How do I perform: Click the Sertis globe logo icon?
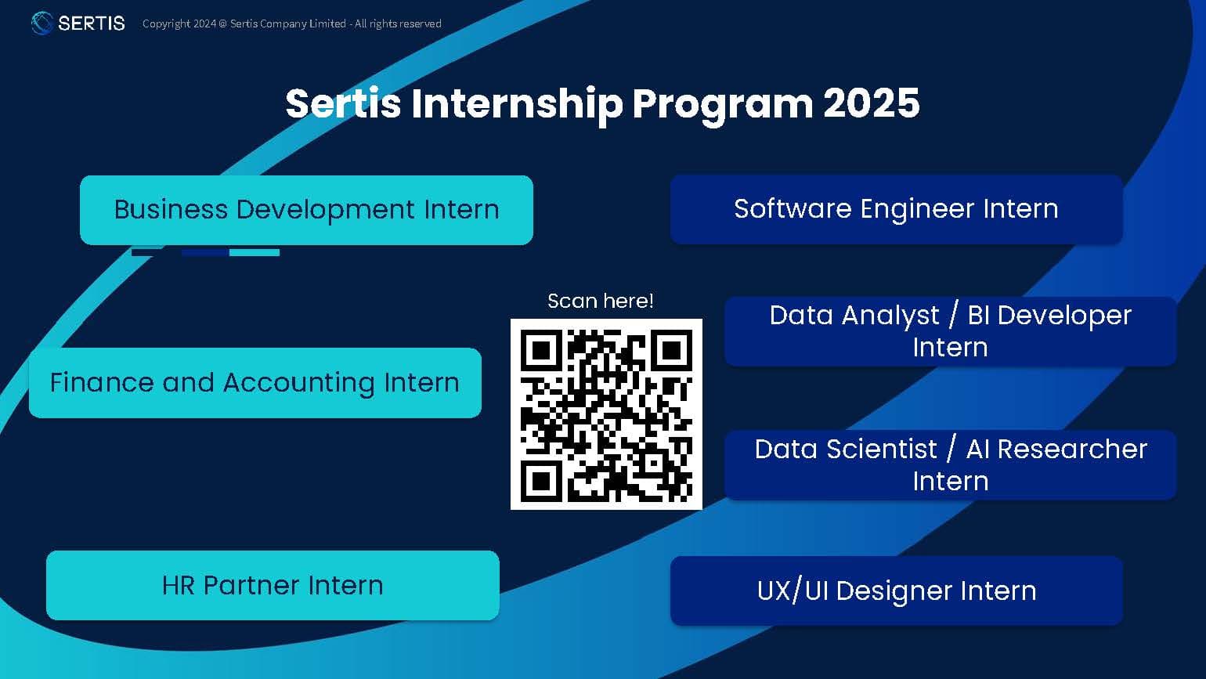click(42, 23)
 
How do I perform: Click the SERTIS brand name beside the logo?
click(92, 23)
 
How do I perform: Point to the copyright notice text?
click(291, 23)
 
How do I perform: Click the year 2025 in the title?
click(871, 103)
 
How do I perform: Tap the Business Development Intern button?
click(306, 210)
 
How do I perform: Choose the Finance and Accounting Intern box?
click(255, 383)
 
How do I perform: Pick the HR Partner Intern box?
click(273, 586)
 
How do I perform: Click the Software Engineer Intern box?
click(896, 209)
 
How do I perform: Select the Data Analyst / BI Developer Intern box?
click(950, 331)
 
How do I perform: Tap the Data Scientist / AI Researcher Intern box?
click(950, 465)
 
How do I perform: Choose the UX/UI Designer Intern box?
click(896, 591)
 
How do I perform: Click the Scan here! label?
click(600, 302)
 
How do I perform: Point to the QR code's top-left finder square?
click(541, 349)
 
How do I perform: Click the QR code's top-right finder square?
click(672, 349)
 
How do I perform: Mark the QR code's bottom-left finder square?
click(541, 479)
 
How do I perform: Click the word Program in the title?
click(722, 103)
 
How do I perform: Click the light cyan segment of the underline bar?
click(255, 253)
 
